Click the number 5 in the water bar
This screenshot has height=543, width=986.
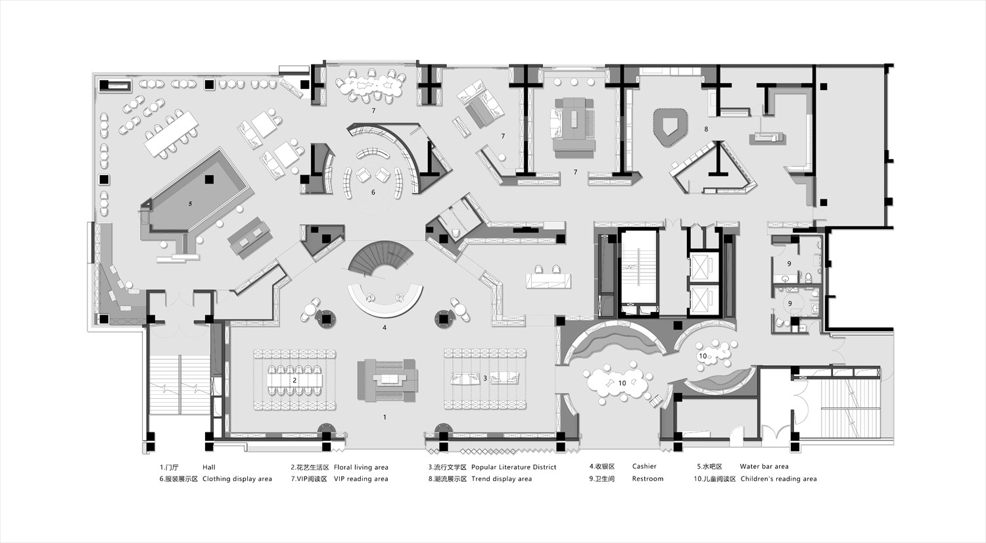pyautogui.click(x=190, y=204)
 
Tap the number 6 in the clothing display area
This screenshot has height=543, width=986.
pyautogui.click(x=373, y=192)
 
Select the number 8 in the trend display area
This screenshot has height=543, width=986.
pyautogui.click(x=706, y=129)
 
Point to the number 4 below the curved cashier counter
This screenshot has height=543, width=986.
pyautogui.click(x=385, y=328)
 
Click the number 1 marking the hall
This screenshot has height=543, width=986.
pyautogui.click(x=385, y=417)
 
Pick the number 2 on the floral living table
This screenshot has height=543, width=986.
pyautogui.click(x=294, y=380)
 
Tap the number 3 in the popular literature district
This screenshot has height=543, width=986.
pyautogui.click(x=485, y=378)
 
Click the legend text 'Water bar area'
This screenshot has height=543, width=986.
pyautogui.click(x=764, y=466)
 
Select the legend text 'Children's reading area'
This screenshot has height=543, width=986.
pyautogui.click(x=779, y=478)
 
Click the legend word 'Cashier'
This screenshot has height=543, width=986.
pyautogui.click(x=644, y=466)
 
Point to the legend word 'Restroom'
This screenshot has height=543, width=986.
pyautogui.click(x=647, y=478)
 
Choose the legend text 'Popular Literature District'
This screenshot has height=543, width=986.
pyautogui.click(x=513, y=467)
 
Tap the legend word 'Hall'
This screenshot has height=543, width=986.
pyautogui.click(x=209, y=467)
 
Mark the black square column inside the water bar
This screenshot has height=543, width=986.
pyautogui.click(x=209, y=179)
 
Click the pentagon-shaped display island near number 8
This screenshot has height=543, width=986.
pyautogui.click(x=670, y=127)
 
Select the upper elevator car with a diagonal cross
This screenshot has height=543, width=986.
pyautogui.click(x=703, y=266)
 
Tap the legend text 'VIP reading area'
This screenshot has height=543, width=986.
pyautogui.click(x=361, y=478)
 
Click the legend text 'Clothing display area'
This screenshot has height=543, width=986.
pyautogui.click(x=237, y=478)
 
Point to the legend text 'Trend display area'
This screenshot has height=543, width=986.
pyautogui.click(x=502, y=478)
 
